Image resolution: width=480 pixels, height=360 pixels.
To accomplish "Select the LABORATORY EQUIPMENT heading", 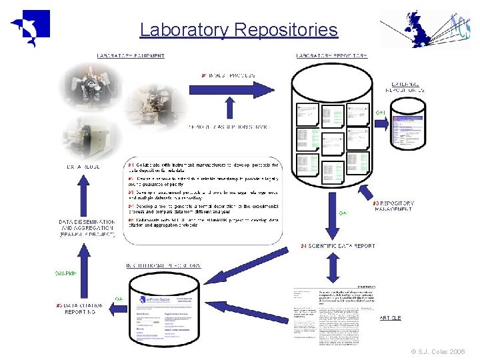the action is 131,56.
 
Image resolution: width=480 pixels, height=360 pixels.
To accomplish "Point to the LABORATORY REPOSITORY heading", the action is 331,56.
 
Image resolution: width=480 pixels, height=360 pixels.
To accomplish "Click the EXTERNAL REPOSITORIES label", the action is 407,87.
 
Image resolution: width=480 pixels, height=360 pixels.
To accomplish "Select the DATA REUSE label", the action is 83,166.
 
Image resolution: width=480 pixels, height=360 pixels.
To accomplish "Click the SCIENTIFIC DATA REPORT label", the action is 338,246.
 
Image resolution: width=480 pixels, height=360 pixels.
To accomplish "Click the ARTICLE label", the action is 390,318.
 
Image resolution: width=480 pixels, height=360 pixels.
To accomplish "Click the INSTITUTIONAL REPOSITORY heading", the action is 163,265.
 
